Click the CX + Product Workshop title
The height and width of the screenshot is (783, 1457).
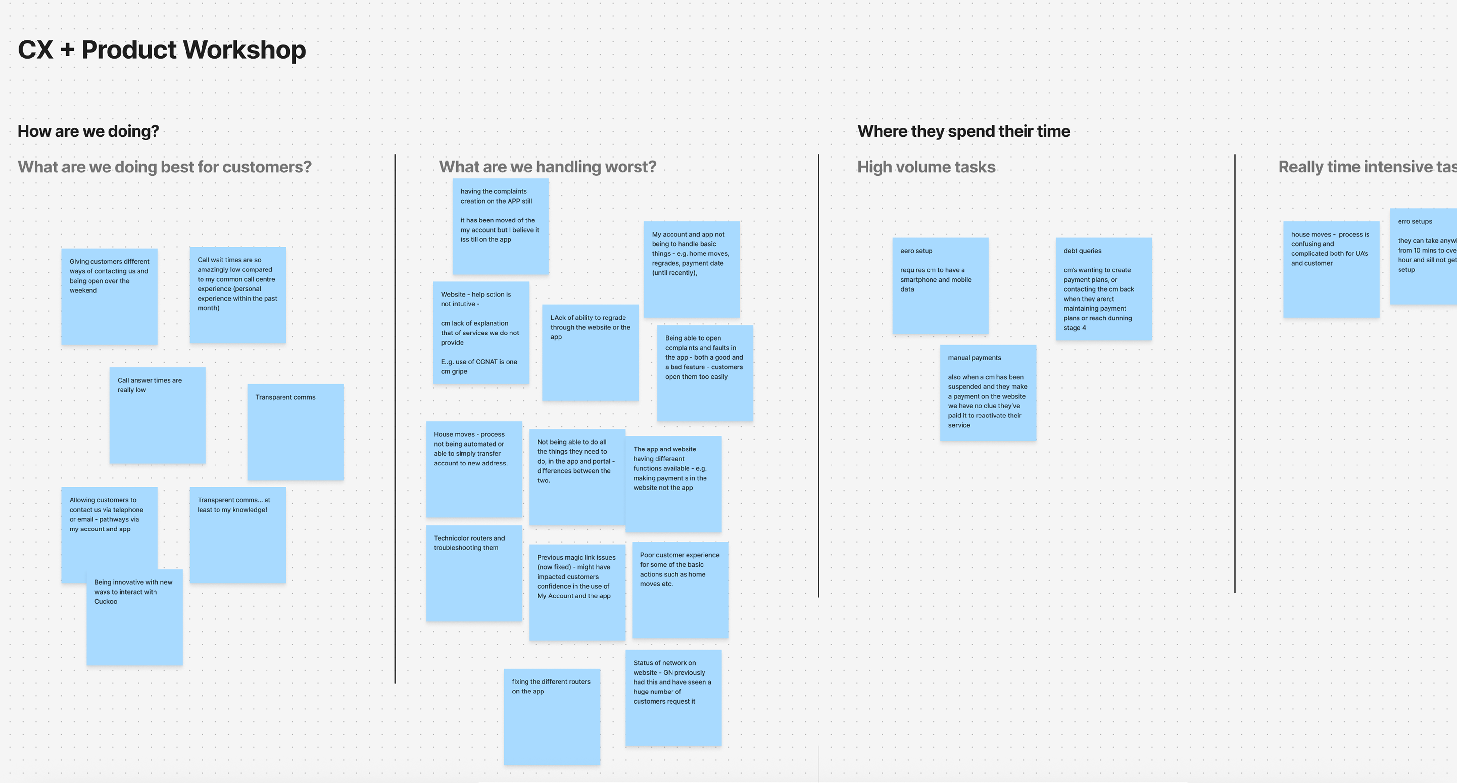point(162,50)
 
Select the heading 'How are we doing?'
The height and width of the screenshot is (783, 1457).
point(88,131)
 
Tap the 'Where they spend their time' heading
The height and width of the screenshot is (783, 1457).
point(963,131)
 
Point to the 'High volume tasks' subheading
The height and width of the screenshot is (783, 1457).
point(926,167)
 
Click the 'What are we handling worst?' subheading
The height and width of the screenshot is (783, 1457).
point(547,167)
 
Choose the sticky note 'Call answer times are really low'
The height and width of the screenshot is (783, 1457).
point(157,415)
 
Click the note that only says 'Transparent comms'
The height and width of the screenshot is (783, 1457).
point(295,432)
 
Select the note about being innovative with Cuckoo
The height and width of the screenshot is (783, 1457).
point(134,617)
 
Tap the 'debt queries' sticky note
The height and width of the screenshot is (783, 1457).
point(1103,288)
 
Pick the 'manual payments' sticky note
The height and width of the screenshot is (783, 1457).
point(988,393)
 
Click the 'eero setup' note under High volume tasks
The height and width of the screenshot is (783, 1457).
point(940,286)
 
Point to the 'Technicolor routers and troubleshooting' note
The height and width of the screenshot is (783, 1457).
point(473,573)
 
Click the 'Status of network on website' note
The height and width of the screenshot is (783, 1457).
point(673,697)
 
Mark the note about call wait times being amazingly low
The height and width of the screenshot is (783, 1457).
point(237,294)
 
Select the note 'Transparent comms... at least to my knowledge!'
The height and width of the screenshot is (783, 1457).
point(237,535)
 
